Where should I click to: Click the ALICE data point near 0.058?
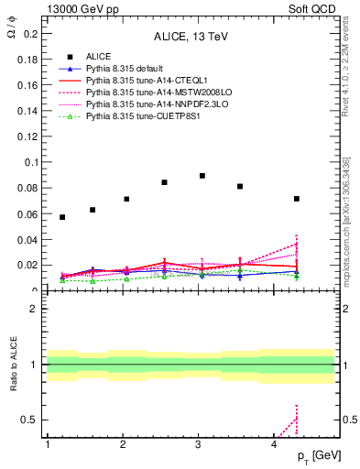[62, 217]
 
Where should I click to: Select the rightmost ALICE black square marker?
[297, 199]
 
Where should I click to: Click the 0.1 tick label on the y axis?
[29, 162]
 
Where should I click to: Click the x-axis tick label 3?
[198, 444]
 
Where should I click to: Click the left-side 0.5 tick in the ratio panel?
[29, 420]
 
